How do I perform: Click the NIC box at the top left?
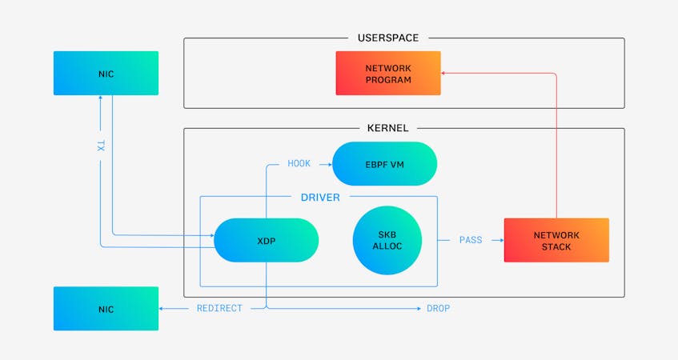point(106,74)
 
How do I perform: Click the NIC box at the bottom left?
point(106,309)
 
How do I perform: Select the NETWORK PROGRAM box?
point(388,74)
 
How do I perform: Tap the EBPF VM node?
point(384,164)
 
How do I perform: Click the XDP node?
point(266,240)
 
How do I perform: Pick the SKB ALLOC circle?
point(387,240)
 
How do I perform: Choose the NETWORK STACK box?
point(556,240)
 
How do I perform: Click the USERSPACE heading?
point(388,38)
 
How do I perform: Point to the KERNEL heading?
point(387,128)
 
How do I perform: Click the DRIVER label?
point(320,197)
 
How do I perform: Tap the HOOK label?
point(299,164)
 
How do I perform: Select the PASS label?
point(471,240)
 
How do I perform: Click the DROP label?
point(438,309)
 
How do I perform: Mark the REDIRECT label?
point(219,309)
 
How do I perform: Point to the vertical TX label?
point(100,146)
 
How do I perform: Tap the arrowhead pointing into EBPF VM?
point(328,164)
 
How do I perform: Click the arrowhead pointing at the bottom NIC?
point(162,309)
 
